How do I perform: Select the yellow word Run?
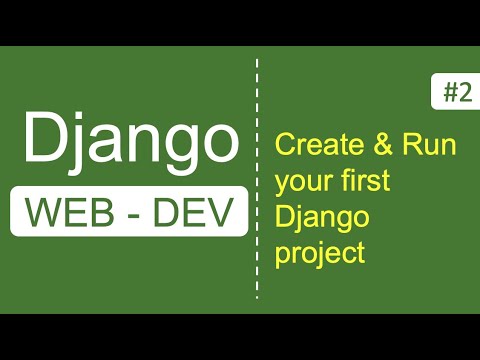tap(430, 146)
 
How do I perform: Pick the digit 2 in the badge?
tap(465, 93)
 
